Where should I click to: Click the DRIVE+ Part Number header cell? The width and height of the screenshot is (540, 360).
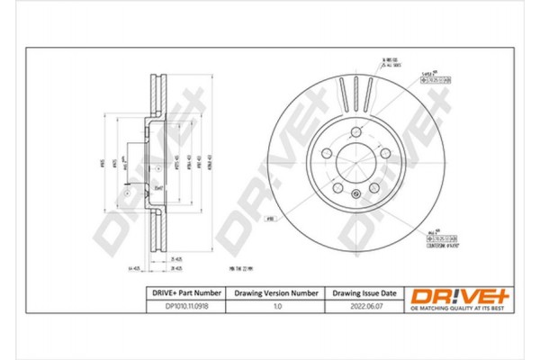click(184, 293)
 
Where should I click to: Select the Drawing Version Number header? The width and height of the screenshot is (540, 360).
click(276, 293)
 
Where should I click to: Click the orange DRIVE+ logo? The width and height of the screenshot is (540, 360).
click(448, 295)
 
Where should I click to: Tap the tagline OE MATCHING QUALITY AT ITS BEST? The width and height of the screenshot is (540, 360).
click(448, 309)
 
